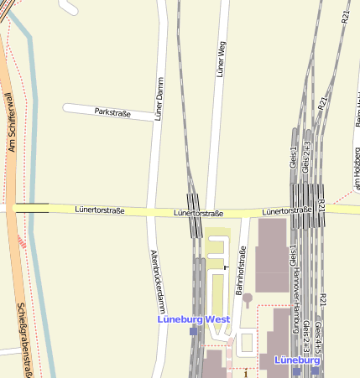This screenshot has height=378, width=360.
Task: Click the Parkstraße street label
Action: coord(113,111)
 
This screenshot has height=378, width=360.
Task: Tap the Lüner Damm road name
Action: coord(158,100)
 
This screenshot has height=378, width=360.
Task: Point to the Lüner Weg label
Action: coord(222,60)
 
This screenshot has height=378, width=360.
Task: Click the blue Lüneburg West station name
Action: coord(194,319)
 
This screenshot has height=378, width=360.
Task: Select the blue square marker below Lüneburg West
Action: coord(193,331)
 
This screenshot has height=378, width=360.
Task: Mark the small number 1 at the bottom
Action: coord(246,374)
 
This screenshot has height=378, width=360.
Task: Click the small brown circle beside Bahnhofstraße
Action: coord(248,297)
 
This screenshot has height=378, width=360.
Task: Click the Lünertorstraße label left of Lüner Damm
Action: coord(99,210)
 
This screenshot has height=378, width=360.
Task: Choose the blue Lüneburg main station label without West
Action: coord(296,360)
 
